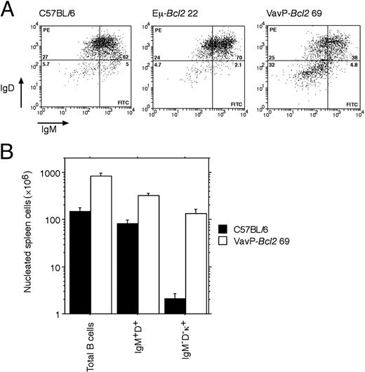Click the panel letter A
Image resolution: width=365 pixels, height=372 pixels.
coord(7,8)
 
